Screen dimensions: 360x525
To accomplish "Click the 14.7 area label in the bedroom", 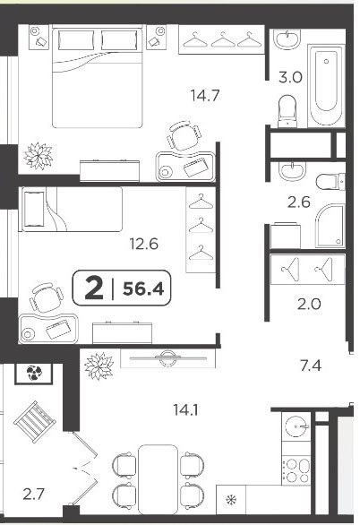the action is click(x=205, y=96).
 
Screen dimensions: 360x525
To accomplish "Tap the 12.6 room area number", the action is click(x=144, y=244).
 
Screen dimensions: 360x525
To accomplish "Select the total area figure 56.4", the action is click(x=143, y=288).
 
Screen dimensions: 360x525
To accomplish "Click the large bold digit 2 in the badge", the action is click(x=94, y=288).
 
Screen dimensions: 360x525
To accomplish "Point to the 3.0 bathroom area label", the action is click(x=290, y=77).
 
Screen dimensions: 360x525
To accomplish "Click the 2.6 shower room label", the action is click(x=299, y=202).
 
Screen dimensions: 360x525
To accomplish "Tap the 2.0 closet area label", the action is click(x=309, y=304).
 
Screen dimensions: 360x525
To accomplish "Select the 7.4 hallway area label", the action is click(x=311, y=366).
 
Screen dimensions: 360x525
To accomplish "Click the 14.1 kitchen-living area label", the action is click(x=185, y=409).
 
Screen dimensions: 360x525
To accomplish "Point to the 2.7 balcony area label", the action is click(x=33, y=494).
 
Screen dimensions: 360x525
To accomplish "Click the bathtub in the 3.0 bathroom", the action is click(x=326, y=85).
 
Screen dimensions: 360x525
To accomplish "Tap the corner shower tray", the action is click(x=330, y=226).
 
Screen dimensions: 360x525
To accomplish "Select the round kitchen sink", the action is click(x=296, y=426).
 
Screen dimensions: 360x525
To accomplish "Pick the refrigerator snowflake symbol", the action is click(x=231, y=500).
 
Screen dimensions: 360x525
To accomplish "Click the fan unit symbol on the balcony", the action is click(x=33, y=374).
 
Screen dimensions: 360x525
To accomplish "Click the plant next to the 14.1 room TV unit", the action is click(x=99, y=366).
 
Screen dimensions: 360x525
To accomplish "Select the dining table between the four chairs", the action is click(x=158, y=478).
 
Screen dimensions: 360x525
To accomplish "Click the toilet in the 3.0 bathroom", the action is click(x=287, y=111).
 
